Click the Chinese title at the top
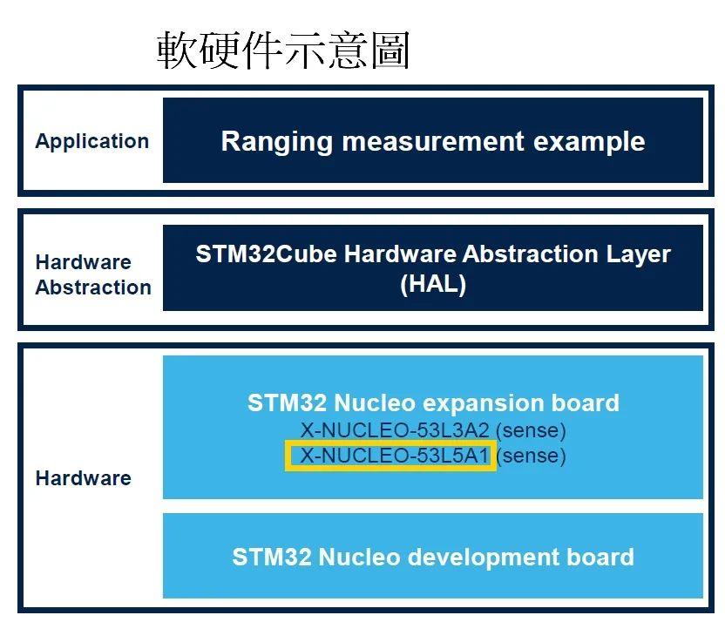click(x=283, y=50)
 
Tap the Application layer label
click(x=92, y=141)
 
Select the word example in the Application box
click(x=589, y=142)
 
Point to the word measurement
click(x=433, y=141)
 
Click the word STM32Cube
click(x=267, y=254)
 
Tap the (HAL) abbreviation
click(x=433, y=284)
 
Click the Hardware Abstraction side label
click(x=93, y=275)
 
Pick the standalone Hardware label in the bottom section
click(x=84, y=478)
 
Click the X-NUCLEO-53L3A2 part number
click(x=395, y=430)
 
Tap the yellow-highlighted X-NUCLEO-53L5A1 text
click(x=395, y=456)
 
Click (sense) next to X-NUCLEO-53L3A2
click(x=531, y=430)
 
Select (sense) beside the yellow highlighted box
click(x=531, y=456)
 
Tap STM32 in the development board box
click(x=272, y=557)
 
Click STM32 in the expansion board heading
click(x=288, y=402)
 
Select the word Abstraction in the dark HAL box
click(x=531, y=254)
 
